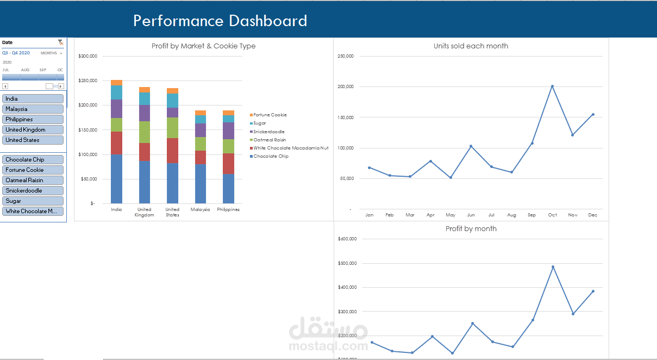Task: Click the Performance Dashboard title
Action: point(220,21)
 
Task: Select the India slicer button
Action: point(33,98)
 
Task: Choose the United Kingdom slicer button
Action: point(33,129)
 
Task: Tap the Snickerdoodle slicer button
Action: point(33,190)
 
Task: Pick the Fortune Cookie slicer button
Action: point(33,170)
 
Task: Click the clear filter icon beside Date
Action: point(60,42)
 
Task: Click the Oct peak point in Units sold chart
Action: point(552,86)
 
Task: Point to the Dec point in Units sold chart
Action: point(593,114)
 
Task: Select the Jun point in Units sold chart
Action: point(471,146)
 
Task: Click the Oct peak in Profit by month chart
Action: point(553,267)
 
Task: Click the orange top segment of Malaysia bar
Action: point(201,113)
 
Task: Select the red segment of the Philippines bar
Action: point(228,163)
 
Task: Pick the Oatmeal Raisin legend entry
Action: point(270,140)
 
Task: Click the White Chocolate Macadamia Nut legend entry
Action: point(290,148)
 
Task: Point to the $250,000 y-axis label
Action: point(88,80)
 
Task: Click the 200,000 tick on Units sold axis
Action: point(346,86)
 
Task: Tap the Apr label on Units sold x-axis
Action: point(430,215)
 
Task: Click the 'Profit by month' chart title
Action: point(471,228)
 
